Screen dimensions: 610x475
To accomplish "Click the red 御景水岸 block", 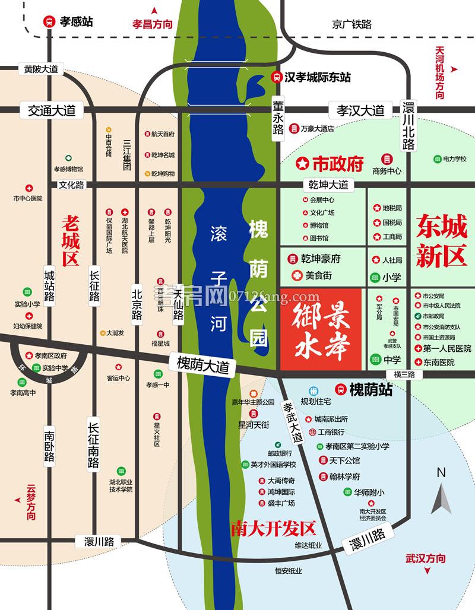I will [x=321, y=328].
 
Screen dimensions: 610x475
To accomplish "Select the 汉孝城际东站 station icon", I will [x=277, y=77].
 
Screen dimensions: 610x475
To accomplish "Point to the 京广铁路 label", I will [x=351, y=24].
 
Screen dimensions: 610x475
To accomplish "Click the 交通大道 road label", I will [x=47, y=110].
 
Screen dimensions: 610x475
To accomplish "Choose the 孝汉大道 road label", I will [x=360, y=110].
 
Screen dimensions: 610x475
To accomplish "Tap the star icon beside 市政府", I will [x=302, y=162].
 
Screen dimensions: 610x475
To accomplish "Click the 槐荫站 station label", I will [x=371, y=390].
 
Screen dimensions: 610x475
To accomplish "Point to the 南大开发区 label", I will [x=273, y=528].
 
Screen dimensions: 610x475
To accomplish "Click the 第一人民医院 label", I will [x=447, y=348].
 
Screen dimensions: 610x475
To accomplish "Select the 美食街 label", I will [x=318, y=275].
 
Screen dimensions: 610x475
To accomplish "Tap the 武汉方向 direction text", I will [x=425, y=558].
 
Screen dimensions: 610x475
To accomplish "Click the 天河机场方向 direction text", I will [x=439, y=72].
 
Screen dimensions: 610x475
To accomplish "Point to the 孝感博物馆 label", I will [x=69, y=169].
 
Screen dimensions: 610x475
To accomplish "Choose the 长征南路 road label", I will [x=93, y=445].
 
